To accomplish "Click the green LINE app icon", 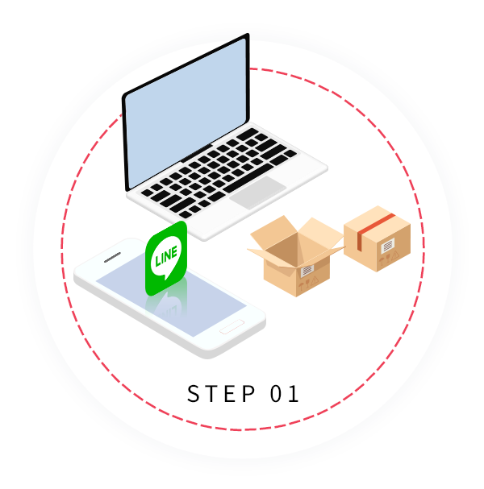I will tap(165, 259).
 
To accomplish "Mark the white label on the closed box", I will tap(389, 245).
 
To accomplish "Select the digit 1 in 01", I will tap(293, 394).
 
